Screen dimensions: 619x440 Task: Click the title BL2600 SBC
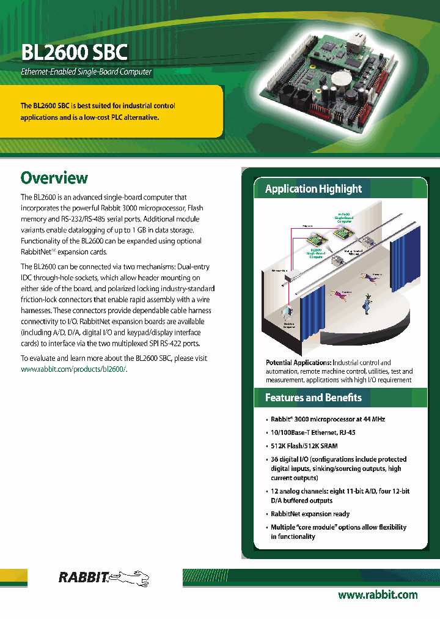[x=74, y=52]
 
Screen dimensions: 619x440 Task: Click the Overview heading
[x=54, y=178]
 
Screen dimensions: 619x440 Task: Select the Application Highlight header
[x=313, y=189]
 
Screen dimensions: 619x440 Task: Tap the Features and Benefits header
[x=313, y=398]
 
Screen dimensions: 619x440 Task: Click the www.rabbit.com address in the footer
[x=378, y=595]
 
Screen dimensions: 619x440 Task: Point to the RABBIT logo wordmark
[x=83, y=576]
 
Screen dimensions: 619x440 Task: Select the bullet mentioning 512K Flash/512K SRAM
[x=304, y=446]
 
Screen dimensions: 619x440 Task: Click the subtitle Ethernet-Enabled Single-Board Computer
[x=86, y=72]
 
